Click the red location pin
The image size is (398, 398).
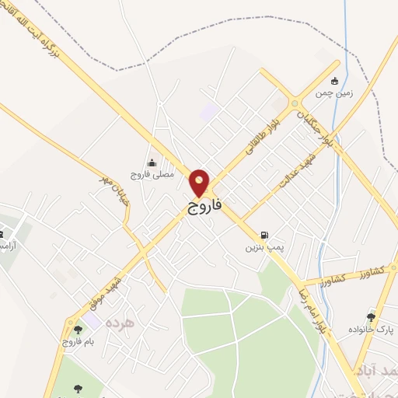[x=200, y=183]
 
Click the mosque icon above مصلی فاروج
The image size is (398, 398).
[x=151, y=162]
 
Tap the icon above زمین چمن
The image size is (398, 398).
[x=335, y=80]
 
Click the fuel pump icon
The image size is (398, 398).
[x=265, y=236]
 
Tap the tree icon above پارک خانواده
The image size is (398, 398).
[x=371, y=317]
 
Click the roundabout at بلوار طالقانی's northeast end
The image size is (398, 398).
[x=295, y=103]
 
